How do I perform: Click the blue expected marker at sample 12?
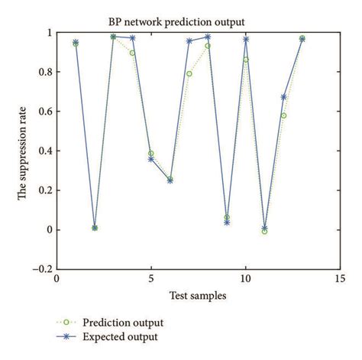283,97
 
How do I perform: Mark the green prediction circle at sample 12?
283,115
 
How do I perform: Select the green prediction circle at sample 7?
189,74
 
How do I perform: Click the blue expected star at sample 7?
189,41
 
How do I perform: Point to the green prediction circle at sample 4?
132,53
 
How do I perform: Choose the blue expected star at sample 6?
170,180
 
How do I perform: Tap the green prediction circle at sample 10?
245,60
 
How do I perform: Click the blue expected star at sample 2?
95,228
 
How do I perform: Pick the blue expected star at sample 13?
302,39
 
